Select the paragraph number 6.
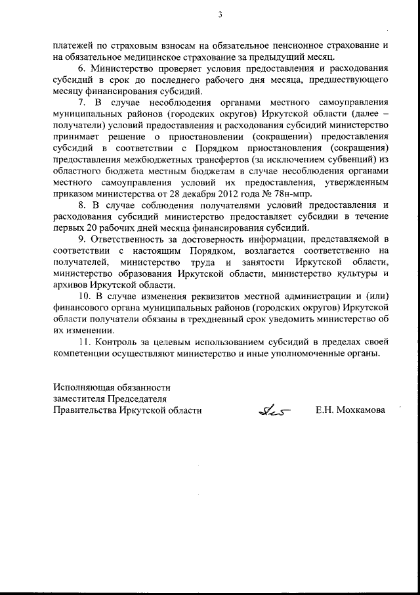[81, 68]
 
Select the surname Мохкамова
[360, 410]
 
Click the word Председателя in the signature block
[135, 398]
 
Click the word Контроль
[116, 341]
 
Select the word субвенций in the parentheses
[345, 159]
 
